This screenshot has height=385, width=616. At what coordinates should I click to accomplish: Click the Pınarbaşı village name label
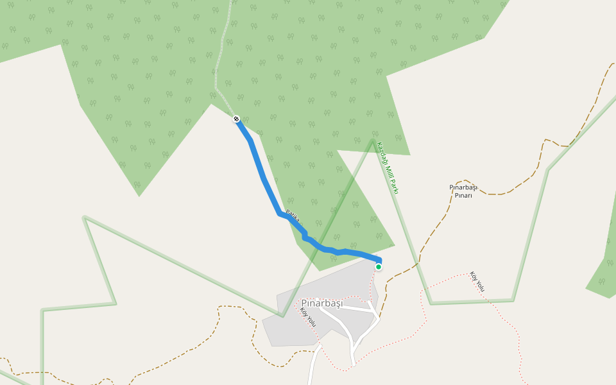(x=322, y=303)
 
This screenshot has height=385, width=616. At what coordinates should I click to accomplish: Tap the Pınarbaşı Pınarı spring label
(x=463, y=191)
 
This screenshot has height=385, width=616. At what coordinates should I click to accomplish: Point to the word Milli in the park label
(x=391, y=171)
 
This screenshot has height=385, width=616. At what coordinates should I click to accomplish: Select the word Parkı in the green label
(x=396, y=187)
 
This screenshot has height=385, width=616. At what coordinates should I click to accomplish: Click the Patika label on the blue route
(x=293, y=216)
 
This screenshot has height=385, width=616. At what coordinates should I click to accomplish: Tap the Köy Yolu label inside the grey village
(x=308, y=317)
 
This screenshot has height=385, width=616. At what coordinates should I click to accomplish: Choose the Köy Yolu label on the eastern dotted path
(x=477, y=281)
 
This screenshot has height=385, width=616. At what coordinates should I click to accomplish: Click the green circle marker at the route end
(x=379, y=266)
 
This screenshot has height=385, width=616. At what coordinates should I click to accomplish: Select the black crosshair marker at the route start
(x=236, y=119)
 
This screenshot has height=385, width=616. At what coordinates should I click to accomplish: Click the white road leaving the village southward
(x=313, y=369)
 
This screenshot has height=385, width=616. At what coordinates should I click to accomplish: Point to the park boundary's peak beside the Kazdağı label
(x=373, y=139)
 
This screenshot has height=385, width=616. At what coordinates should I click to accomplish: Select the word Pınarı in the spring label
(x=463, y=196)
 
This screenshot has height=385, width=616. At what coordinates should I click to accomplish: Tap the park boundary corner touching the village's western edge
(x=282, y=316)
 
